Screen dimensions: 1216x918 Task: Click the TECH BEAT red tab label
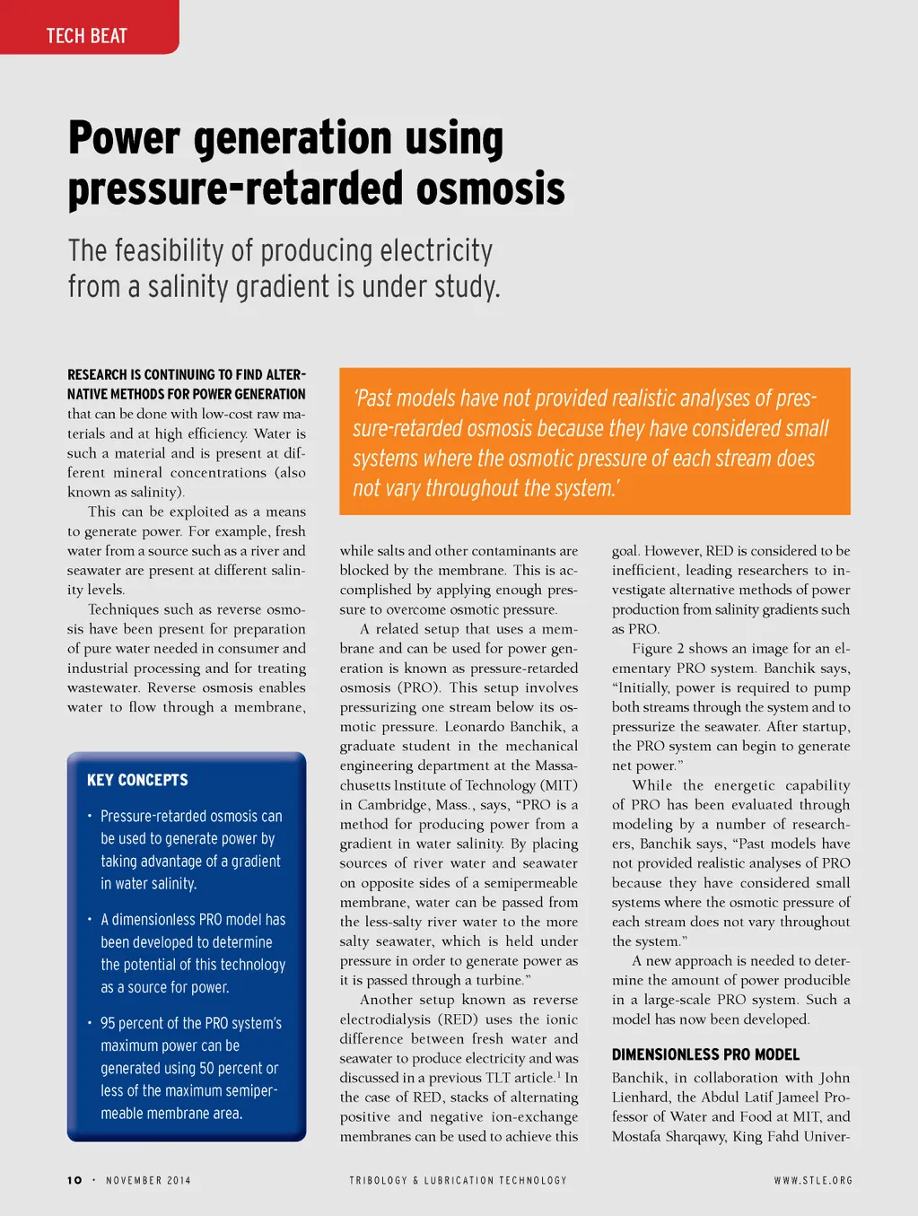(x=86, y=36)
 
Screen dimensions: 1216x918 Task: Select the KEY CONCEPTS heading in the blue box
(x=137, y=780)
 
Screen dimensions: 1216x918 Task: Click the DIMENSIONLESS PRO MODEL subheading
(x=705, y=1054)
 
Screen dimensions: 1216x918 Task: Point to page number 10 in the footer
(x=74, y=1180)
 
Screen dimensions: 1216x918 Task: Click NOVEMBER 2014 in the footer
(x=148, y=1180)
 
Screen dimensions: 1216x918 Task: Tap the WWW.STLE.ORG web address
(x=813, y=1180)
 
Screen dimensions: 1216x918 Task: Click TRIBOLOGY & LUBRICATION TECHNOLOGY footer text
(x=458, y=1180)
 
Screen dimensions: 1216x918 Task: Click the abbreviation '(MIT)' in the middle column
(x=559, y=785)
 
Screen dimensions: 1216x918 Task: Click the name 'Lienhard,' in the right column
(x=643, y=1098)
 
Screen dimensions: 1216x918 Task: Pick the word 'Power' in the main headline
(x=123, y=139)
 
